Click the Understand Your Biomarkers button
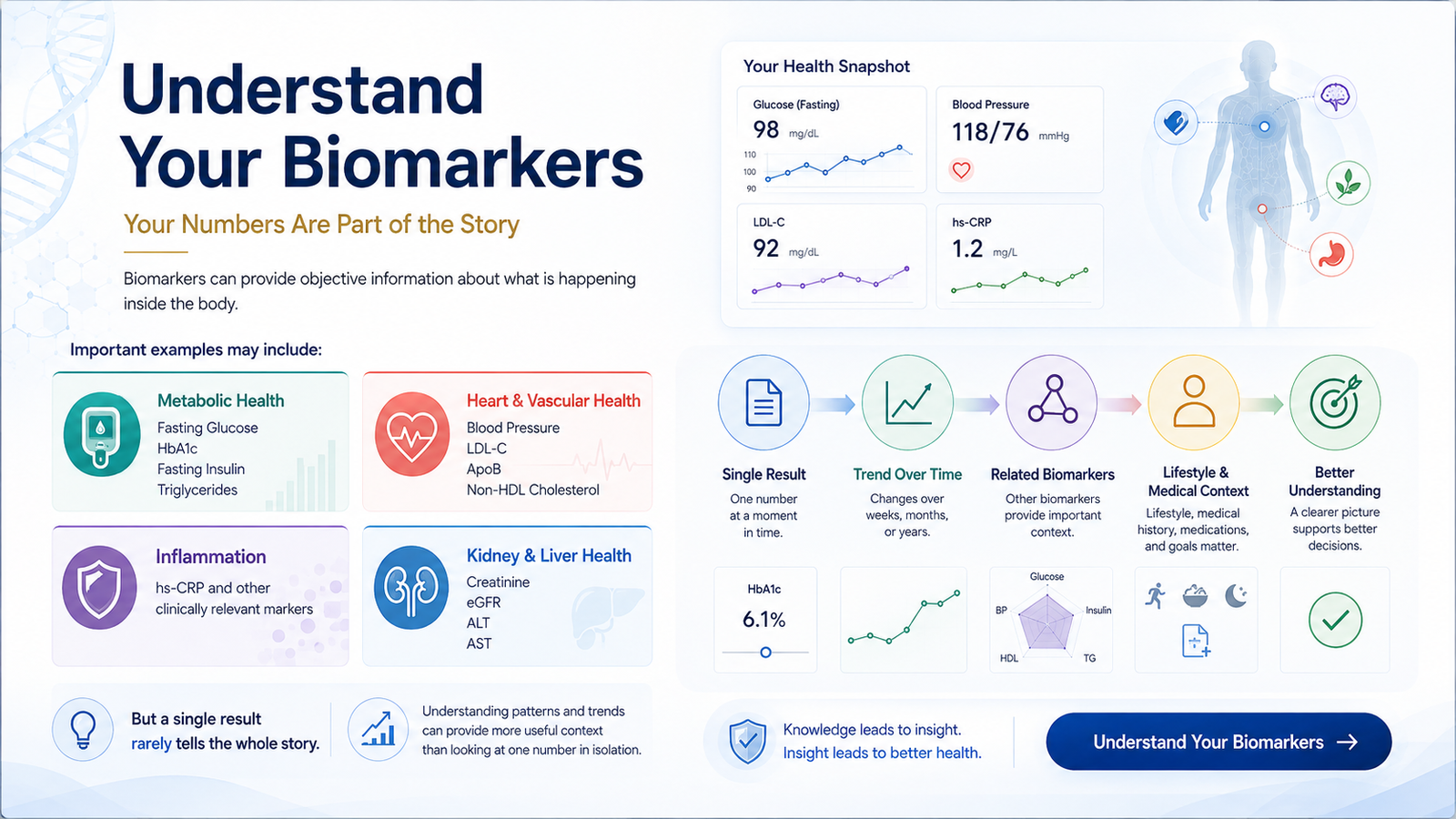click(1218, 742)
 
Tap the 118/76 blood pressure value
click(990, 133)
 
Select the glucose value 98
click(765, 130)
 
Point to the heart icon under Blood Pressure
click(961, 170)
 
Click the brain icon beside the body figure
click(1335, 97)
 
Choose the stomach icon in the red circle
click(1331, 254)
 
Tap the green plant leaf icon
click(1348, 183)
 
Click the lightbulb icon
click(83, 730)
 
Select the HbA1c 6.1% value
click(763, 620)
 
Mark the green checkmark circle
click(1335, 620)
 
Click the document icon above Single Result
click(763, 403)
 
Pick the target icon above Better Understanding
click(1335, 401)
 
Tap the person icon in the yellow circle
click(1194, 401)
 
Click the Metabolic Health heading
click(221, 400)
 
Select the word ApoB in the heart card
click(483, 470)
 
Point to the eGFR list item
click(483, 602)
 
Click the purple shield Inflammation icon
click(99, 588)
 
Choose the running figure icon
click(1156, 595)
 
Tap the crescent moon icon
click(1236, 595)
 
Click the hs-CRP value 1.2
click(967, 248)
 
